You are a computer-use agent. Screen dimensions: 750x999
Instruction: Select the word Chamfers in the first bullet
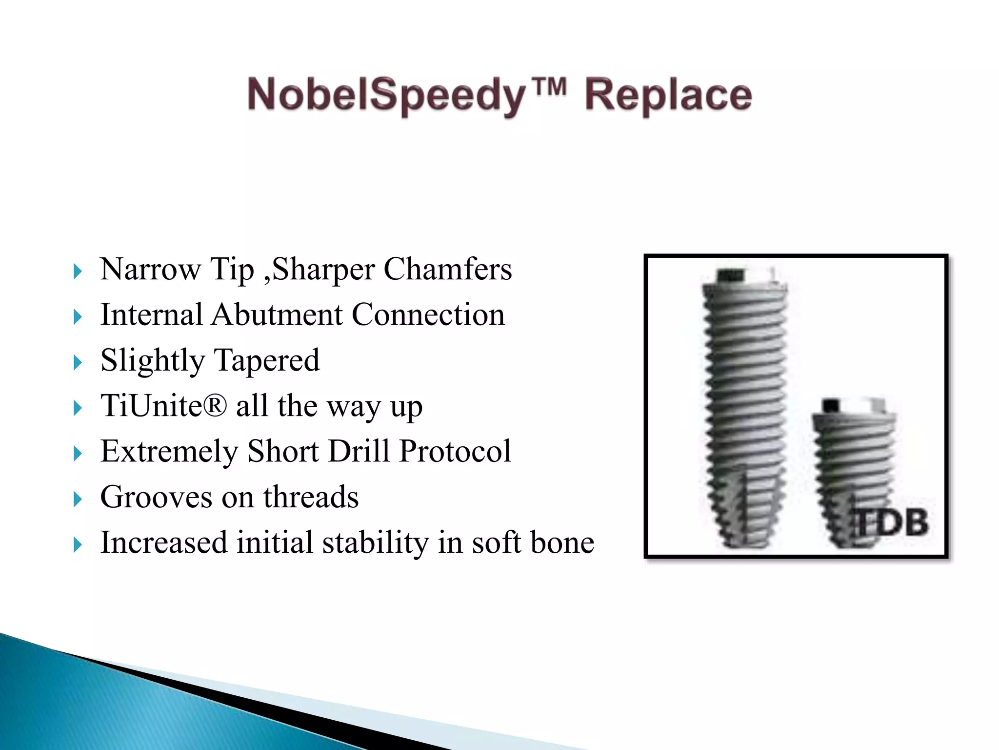click(x=447, y=269)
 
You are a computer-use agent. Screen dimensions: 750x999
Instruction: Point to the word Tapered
click(x=267, y=360)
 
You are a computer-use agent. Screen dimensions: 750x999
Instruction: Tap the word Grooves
click(x=156, y=497)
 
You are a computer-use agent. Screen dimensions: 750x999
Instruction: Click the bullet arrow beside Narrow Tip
click(x=78, y=271)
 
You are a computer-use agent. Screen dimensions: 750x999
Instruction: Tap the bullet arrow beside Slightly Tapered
click(x=78, y=363)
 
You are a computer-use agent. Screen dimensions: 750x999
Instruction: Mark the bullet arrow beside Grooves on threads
click(x=78, y=500)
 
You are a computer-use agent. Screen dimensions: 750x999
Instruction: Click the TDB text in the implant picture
click(x=892, y=522)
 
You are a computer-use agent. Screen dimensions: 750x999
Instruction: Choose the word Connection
click(x=428, y=314)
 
